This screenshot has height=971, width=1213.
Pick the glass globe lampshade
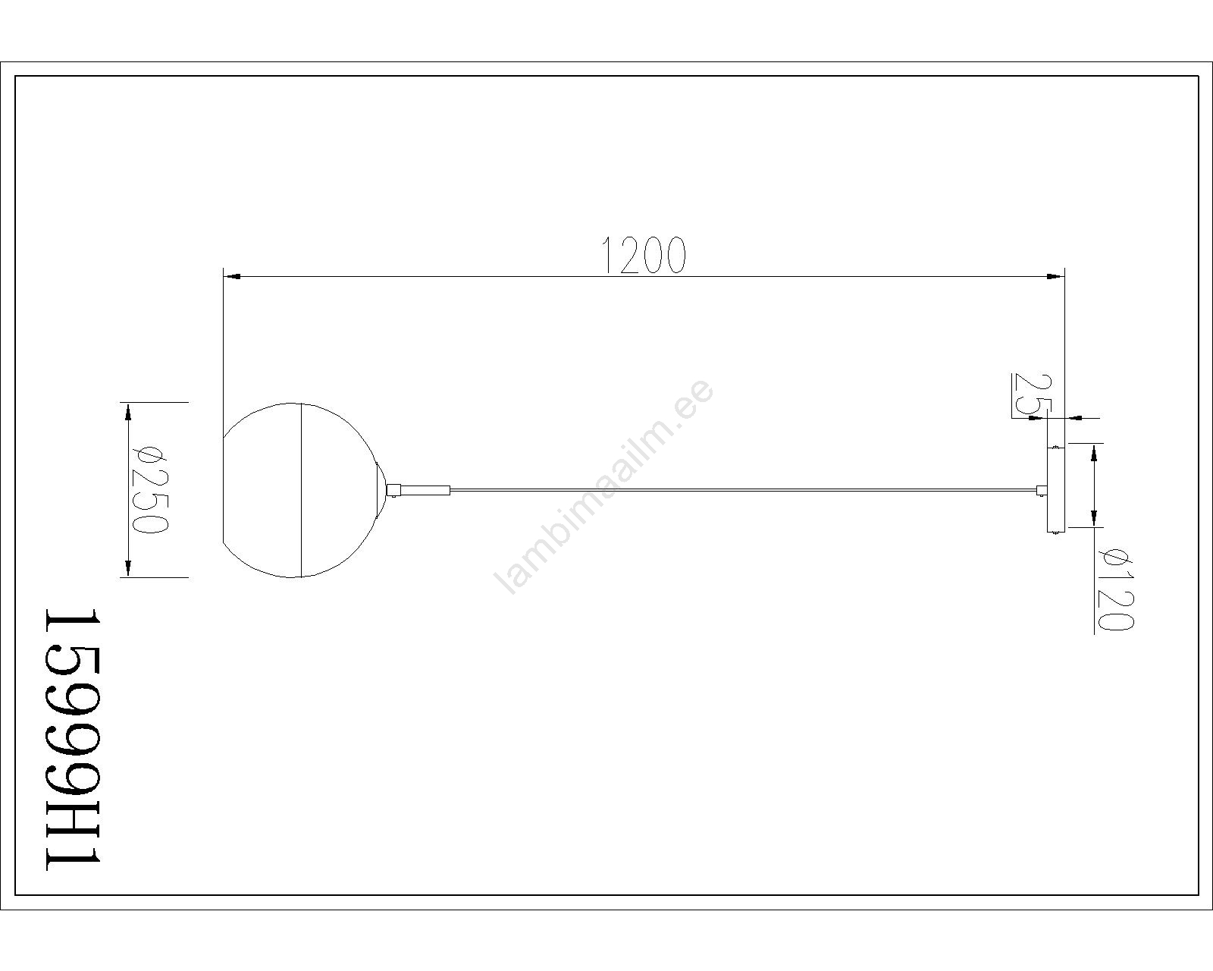coord(299,490)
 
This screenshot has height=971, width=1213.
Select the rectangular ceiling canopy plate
coord(1056,490)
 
